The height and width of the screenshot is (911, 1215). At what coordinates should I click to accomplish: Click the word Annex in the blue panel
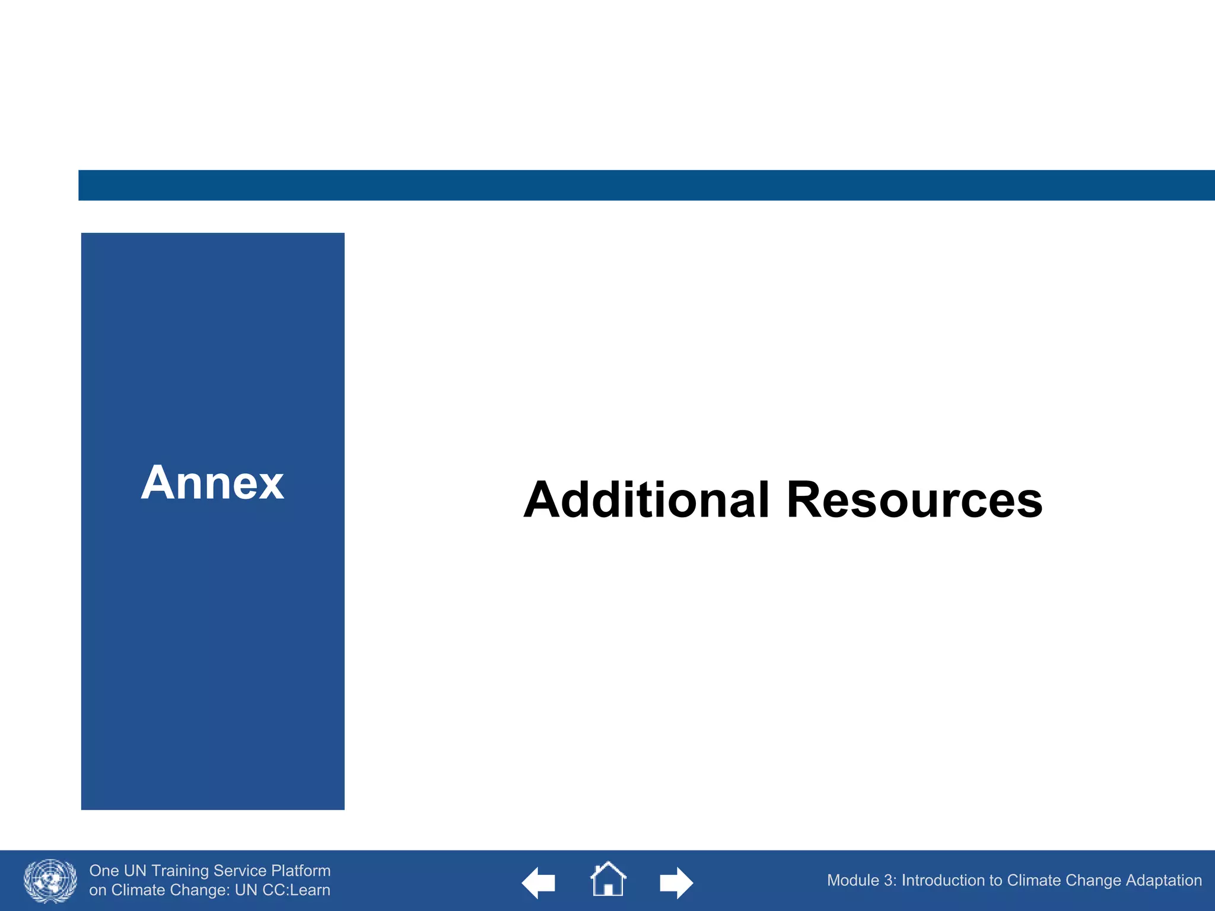[212, 483]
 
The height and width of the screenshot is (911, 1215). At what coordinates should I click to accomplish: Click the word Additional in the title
[646, 500]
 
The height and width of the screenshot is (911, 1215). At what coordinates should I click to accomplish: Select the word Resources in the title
[914, 500]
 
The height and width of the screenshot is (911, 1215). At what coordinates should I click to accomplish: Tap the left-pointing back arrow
[538, 883]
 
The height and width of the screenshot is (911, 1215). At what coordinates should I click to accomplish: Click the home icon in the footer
[607, 879]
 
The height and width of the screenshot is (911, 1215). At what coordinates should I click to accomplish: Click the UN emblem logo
[50, 881]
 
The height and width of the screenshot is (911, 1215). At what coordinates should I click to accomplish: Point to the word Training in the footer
[180, 871]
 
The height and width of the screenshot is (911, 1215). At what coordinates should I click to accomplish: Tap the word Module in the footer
[853, 881]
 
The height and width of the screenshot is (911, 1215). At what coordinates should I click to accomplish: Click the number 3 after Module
[889, 881]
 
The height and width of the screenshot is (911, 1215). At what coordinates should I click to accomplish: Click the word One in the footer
[104, 871]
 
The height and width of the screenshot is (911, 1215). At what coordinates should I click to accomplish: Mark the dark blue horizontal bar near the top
[647, 185]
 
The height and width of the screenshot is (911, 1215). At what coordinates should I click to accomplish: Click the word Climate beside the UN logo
[138, 890]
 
